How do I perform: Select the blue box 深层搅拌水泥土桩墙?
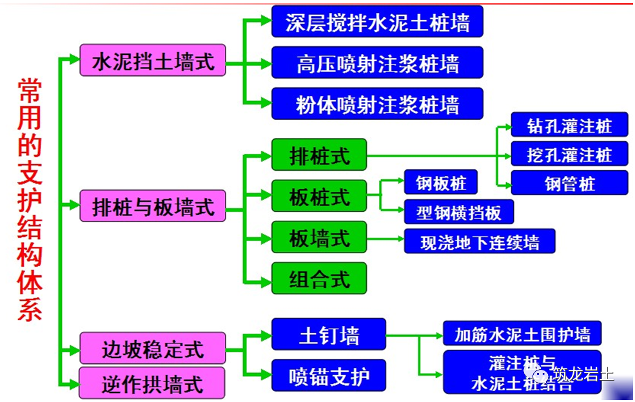click(x=377, y=22)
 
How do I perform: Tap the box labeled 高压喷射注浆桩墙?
click(x=377, y=63)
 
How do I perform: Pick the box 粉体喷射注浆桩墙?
click(x=377, y=104)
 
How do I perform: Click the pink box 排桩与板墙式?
click(x=153, y=206)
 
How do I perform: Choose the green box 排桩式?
click(x=319, y=155)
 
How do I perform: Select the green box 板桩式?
click(x=319, y=196)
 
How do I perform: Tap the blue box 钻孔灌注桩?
click(x=569, y=124)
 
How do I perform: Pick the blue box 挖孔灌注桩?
click(x=569, y=155)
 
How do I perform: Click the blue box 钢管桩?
click(x=569, y=184)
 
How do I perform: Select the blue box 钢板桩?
click(x=441, y=183)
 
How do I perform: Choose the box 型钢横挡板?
click(x=459, y=211)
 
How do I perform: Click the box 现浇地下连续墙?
click(x=479, y=242)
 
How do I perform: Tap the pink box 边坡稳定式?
click(x=153, y=349)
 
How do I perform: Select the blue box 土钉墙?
click(x=329, y=334)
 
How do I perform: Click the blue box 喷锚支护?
click(x=329, y=376)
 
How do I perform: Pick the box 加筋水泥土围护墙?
click(x=522, y=334)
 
